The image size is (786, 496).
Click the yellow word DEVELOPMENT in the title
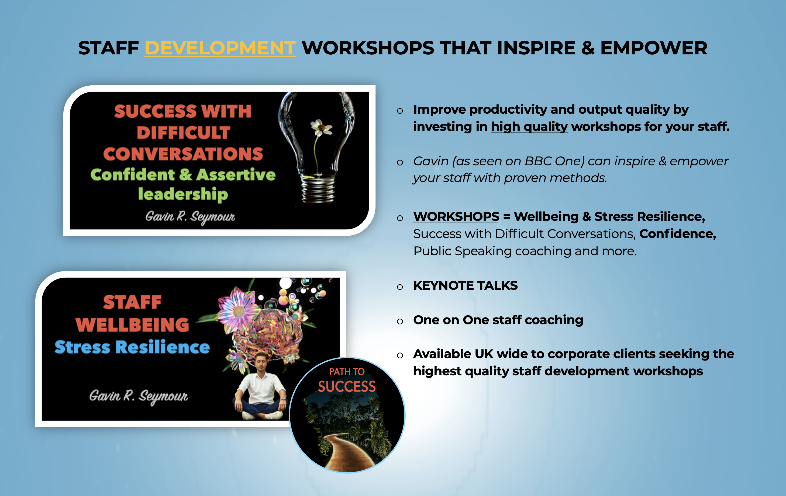(x=220, y=48)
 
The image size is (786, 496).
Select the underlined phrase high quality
(x=529, y=127)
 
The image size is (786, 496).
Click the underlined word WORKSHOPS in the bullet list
(x=456, y=216)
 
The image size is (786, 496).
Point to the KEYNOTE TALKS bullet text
(x=465, y=285)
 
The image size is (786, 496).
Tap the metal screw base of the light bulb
(x=318, y=189)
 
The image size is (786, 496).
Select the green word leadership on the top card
(x=183, y=194)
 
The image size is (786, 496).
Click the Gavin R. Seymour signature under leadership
(x=190, y=216)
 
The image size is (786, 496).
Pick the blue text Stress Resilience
(x=132, y=347)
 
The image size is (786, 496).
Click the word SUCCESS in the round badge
(x=347, y=386)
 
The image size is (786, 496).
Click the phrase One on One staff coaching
(x=498, y=320)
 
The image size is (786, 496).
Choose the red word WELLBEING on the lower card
(x=132, y=325)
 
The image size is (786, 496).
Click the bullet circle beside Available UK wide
(x=400, y=355)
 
